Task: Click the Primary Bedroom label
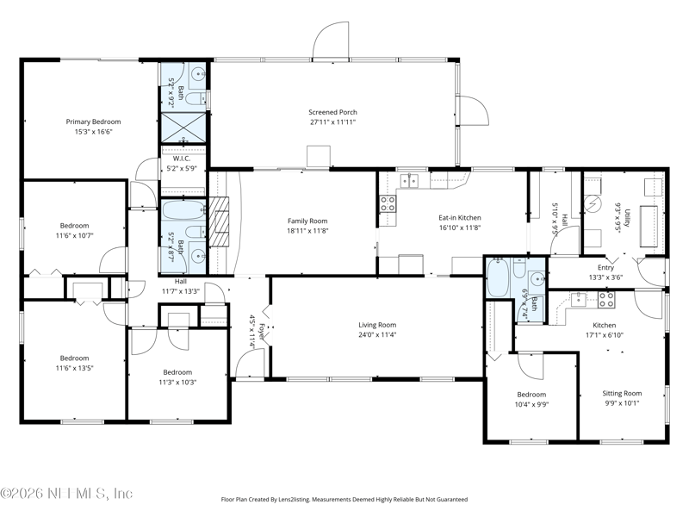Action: click(94, 121)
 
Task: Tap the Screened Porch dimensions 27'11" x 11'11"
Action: click(332, 122)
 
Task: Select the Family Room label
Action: click(308, 221)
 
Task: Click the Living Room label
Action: click(377, 324)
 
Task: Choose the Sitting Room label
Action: click(622, 392)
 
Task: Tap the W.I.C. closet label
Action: click(181, 158)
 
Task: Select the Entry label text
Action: click(605, 267)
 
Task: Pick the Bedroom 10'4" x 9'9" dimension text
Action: click(531, 403)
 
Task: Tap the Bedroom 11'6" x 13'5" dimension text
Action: click(74, 369)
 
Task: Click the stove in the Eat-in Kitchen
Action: click(388, 204)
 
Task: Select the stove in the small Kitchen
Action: click(606, 299)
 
